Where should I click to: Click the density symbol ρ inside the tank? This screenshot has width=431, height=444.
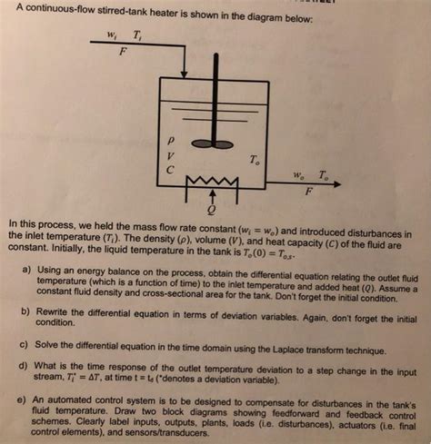pos(167,141)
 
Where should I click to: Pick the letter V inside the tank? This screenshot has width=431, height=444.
pos(167,155)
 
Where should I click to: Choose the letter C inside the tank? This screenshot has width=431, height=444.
pos(167,170)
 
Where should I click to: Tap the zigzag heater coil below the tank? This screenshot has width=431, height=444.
pos(211,187)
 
